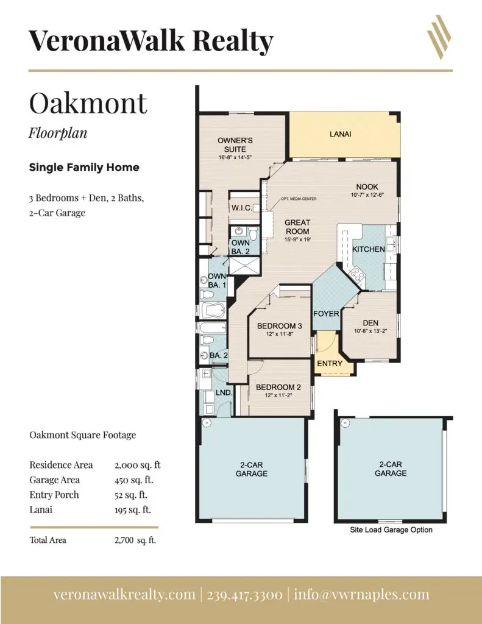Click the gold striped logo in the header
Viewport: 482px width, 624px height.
pos(439,37)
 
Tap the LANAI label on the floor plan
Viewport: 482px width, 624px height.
pos(340,134)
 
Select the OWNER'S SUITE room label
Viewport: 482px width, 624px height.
pos(235,145)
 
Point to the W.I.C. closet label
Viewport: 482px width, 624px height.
pos(241,208)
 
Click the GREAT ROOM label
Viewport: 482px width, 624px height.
pos(297,227)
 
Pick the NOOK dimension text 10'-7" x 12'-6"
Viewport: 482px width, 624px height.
pos(367,195)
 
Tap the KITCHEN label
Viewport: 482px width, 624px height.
pos(369,249)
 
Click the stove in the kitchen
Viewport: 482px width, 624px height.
pos(356,274)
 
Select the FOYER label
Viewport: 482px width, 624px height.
pos(326,314)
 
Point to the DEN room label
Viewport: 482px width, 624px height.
pos(370,323)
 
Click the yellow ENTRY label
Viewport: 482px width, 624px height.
pos(330,363)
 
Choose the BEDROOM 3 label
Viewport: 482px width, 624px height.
pos(280,326)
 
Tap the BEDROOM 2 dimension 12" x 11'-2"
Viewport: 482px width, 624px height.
pos(278,395)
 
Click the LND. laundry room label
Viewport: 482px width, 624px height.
pos(224,392)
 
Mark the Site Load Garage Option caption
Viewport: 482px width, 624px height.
pos(391,530)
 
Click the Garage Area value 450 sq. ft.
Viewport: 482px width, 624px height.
pos(133,480)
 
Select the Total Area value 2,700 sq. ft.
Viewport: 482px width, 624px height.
pos(135,540)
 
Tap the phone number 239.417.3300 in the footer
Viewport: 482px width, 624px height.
pos(245,595)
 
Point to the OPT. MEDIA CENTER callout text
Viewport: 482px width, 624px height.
pos(299,199)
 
